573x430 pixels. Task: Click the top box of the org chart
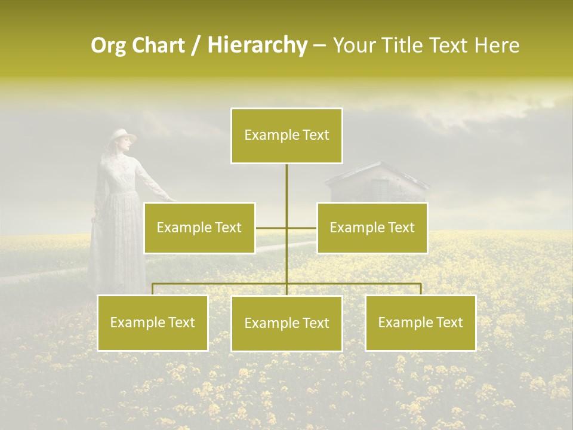coord(286,136)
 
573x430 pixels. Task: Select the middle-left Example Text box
coord(199,228)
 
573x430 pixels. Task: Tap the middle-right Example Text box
coord(372,228)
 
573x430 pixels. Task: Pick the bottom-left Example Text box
coord(153,322)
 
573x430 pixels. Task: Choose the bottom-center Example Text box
coord(286,323)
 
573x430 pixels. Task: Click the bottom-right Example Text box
coord(420,322)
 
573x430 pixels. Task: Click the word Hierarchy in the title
coord(257,45)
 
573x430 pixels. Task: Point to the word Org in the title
coord(108,45)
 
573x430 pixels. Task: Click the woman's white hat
coord(124,136)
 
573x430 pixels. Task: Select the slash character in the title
coord(195,45)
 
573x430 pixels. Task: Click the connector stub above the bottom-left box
coord(153,289)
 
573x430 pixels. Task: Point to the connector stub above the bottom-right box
coord(421,289)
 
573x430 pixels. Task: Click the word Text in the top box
coord(315,135)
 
